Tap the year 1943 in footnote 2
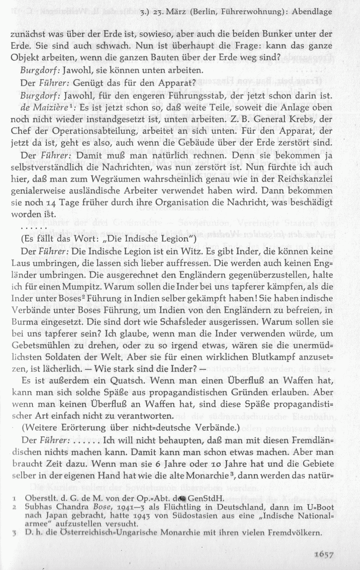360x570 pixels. click(157, 515)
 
